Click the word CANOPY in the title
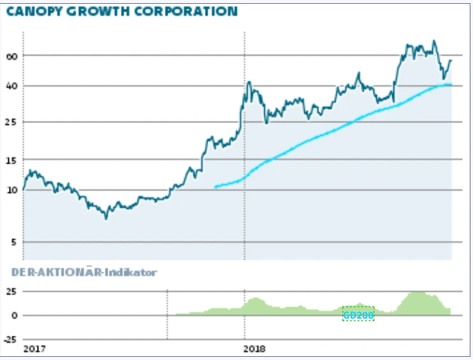[x=31, y=11]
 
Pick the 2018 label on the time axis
[x=255, y=350]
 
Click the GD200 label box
[x=358, y=314]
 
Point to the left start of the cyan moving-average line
[x=215, y=187]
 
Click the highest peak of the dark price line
[x=434, y=41]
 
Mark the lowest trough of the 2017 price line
[x=106, y=218]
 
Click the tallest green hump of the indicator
[x=417, y=294]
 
